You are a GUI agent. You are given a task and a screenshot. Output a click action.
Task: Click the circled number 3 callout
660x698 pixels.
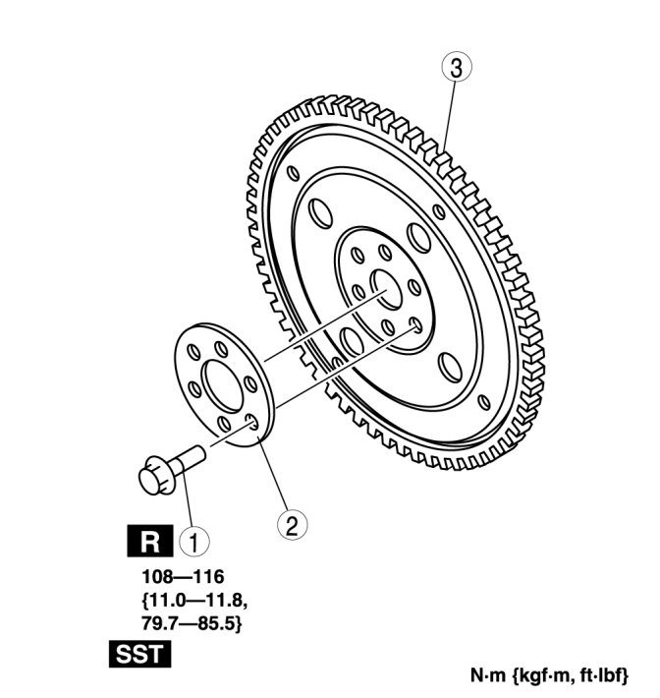pyautogui.click(x=455, y=68)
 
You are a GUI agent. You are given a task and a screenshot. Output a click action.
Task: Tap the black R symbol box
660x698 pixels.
pyautogui.click(x=149, y=540)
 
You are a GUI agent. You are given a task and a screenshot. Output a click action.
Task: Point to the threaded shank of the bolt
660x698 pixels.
pyautogui.click(x=188, y=457)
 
